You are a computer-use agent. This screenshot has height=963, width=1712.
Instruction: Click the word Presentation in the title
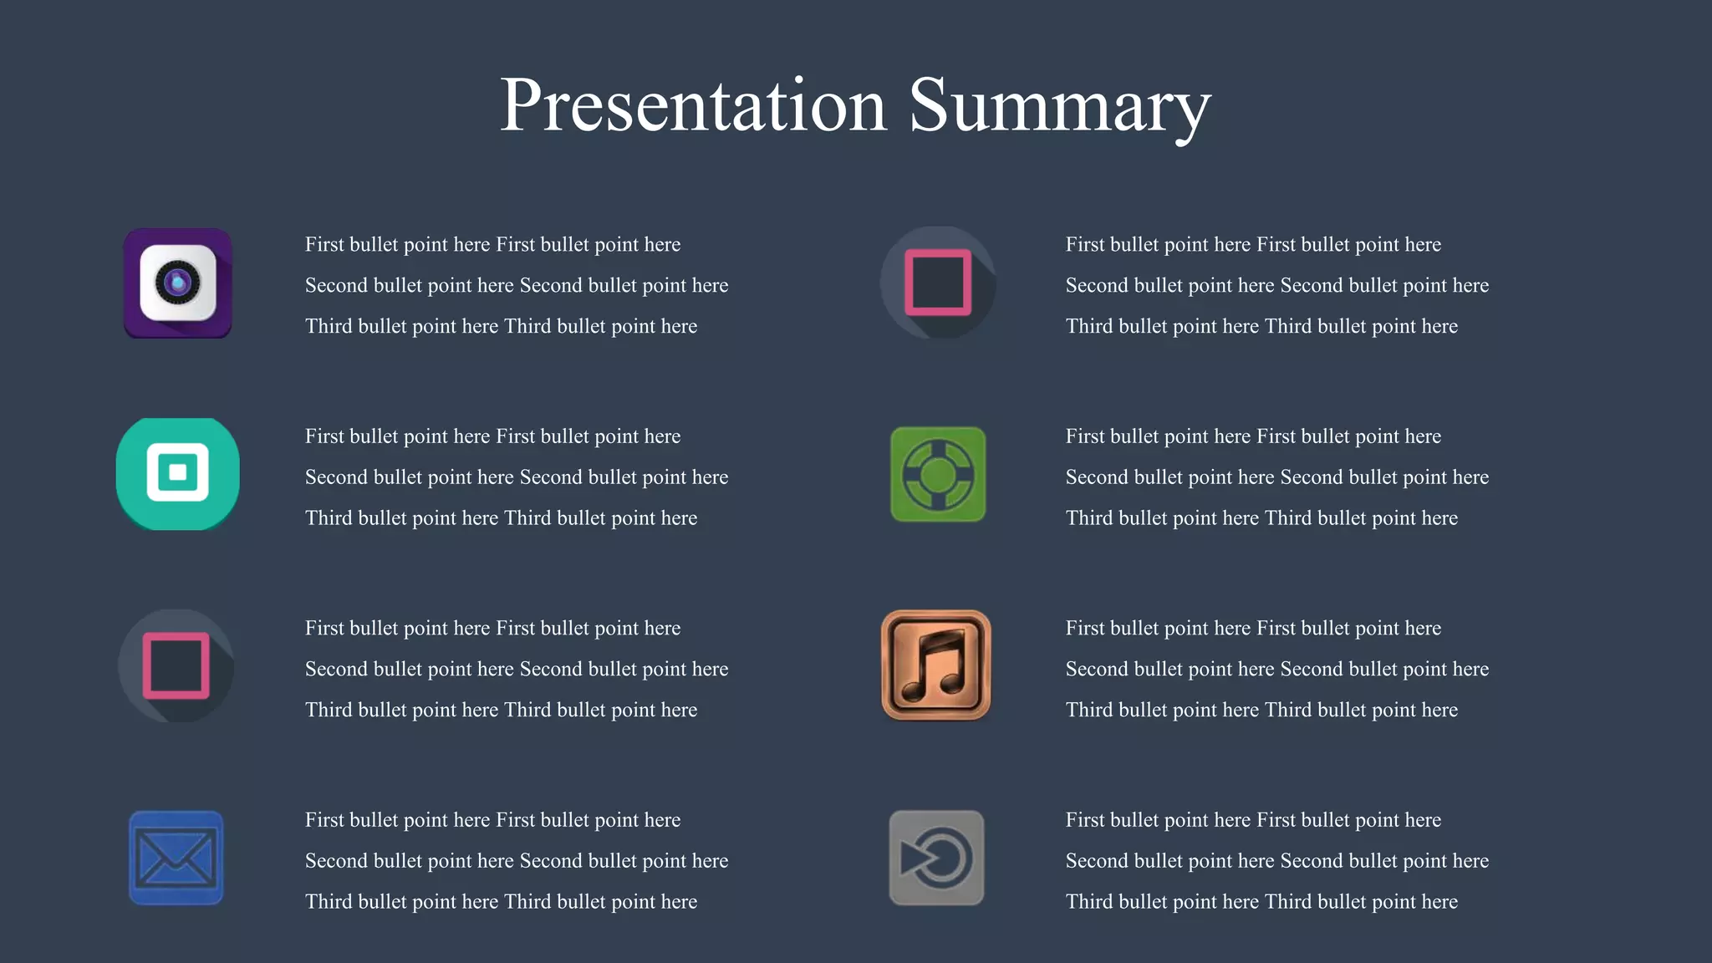pos(692,105)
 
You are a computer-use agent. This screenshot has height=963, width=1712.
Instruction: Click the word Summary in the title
pos(1059,105)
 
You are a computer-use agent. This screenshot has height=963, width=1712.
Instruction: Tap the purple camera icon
pos(178,283)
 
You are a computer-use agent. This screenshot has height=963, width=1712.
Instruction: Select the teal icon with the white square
pos(178,473)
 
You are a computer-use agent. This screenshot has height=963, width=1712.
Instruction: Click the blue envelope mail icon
pos(176,858)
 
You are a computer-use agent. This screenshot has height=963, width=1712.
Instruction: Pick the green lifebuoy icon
pos(938,474)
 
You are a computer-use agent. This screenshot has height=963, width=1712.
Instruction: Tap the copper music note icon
pos(936,665)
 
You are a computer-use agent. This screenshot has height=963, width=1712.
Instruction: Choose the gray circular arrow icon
pos(936,858)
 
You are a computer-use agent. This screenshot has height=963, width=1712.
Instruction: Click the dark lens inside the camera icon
pos(177,283)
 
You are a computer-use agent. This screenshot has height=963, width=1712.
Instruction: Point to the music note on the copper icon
pos(936,665)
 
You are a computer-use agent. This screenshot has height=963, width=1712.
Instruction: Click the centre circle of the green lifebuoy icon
pos(938,475)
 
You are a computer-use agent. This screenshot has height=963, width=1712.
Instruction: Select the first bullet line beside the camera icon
pos(492,245)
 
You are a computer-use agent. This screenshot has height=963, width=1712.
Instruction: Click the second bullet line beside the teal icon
pos(516,477)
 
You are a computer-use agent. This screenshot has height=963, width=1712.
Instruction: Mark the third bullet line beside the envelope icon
pos(501,902)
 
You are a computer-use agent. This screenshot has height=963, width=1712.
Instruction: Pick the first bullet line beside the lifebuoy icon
pos(1253,436)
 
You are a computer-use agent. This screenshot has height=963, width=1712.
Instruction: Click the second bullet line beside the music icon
pos(1276,670)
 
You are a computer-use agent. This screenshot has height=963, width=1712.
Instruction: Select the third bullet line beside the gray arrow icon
pos(1261,902)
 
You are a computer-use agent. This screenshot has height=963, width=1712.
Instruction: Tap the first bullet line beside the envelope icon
pos(492,820)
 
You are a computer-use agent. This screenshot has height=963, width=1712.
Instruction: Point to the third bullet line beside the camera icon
pos(501,327)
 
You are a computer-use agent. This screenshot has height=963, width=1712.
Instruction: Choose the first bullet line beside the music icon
pos(1253,629)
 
